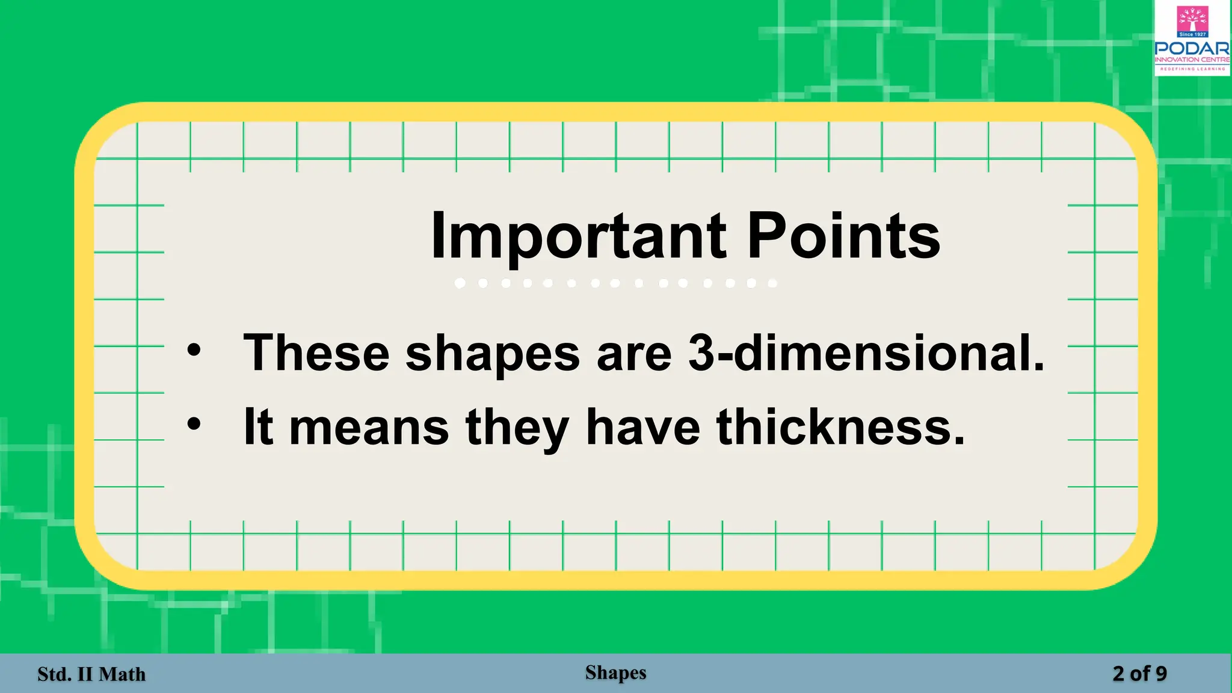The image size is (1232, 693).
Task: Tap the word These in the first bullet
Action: (x=316, y=353)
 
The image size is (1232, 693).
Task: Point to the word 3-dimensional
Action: (x=866, y=353)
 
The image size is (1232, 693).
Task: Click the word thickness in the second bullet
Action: (x=840, y=427)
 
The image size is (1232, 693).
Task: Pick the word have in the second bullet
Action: (x=642, y=427)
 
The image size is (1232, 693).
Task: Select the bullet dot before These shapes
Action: (x=194, y=350)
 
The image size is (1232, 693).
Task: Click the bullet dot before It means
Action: (x=194, y=425)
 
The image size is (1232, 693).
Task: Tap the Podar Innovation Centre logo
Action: (x=1192, y=39)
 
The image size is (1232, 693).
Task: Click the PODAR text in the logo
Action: (x=1192, y=48)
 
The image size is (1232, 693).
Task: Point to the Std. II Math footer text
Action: (x=91, y=674)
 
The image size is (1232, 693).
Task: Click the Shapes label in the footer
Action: (x=615, y=673)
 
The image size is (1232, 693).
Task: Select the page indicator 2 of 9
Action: (x=1139, y=674)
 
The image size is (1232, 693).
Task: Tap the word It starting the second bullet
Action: (x=257, y=427)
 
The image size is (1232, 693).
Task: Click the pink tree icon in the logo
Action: (x=1192, y=19)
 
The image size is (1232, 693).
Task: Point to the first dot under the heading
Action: (x=460, y=283)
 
